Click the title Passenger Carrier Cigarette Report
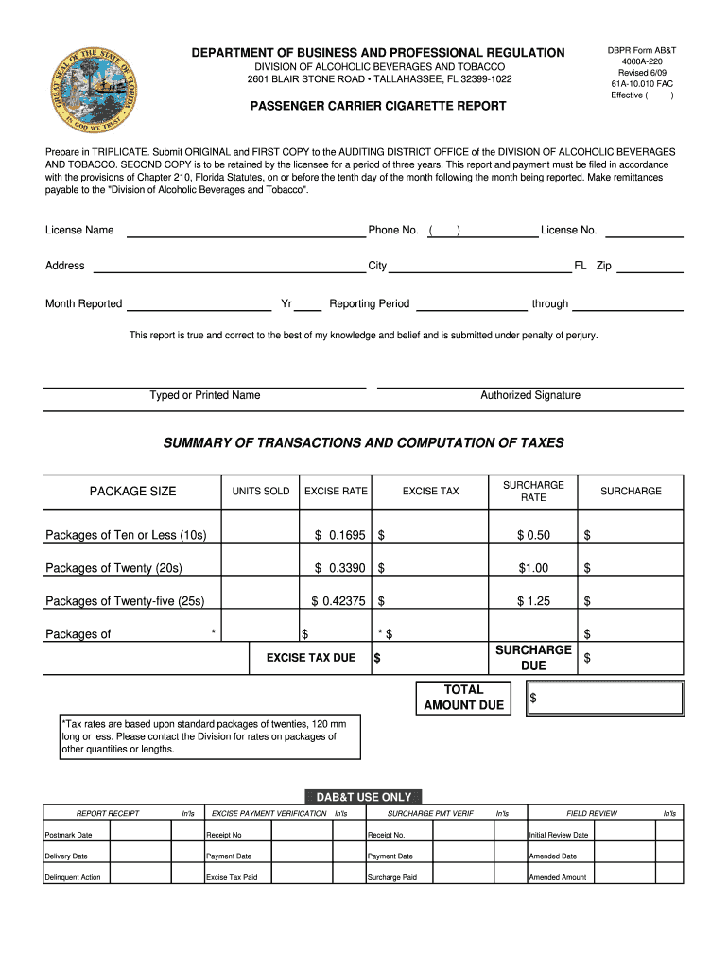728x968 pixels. [x=377, y=106]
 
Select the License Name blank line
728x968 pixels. [x=246, y=232]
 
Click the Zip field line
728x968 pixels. [x=650, y=268]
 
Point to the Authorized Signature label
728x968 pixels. [x=529, y=395]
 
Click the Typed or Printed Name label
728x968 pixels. [x=204, y=395]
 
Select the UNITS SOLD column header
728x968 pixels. [x=261, y=492]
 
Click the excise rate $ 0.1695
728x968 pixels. [x=339, y=536]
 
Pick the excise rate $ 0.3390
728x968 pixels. [x=339, y=569]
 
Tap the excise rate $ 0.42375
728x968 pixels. [x=338, y=601]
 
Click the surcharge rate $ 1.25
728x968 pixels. [x=533, y=601]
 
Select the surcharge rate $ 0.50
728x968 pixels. [x=533, y=536]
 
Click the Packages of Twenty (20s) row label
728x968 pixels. [x=114, y=569]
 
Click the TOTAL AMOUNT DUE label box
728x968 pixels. [x=463, y=698]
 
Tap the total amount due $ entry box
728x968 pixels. [x=605, y=698]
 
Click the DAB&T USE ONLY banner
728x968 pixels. [x=364, y=797]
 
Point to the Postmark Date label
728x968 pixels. [x=70, y=835]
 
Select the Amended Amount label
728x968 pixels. [x=558, y=877]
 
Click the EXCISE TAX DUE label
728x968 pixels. [x=311, y=658]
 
